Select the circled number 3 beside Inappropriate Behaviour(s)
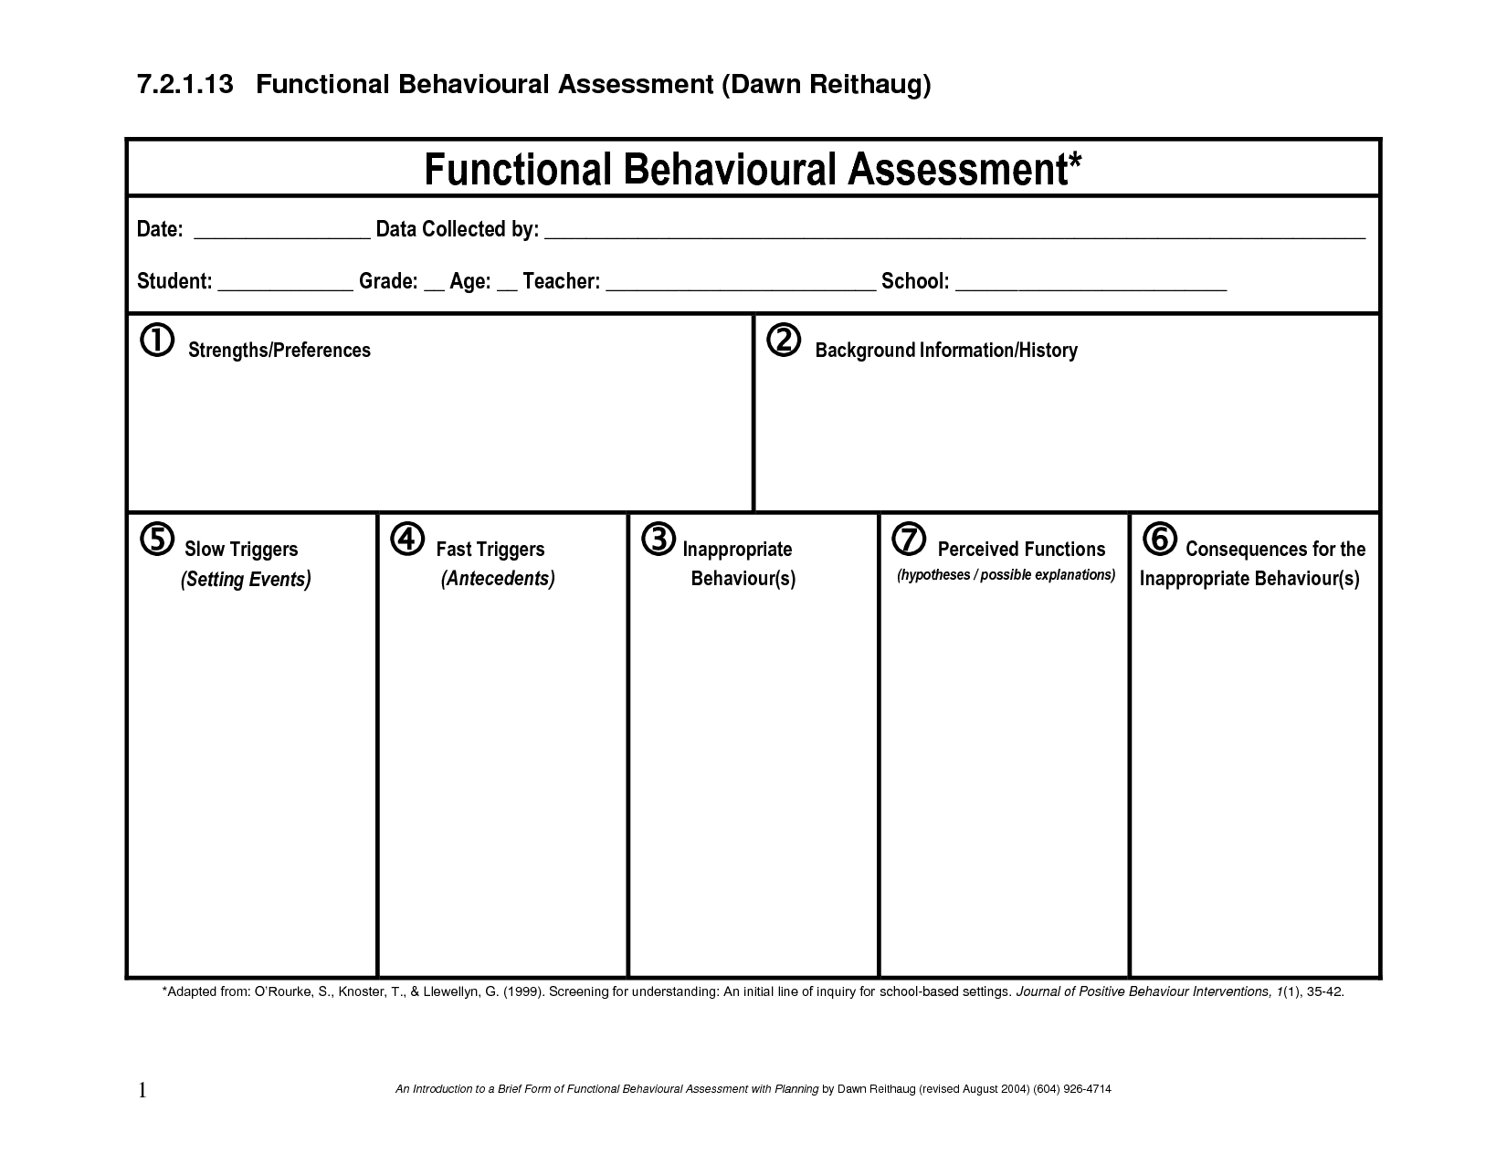658,540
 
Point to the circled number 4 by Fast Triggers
407,540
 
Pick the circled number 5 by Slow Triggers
157,540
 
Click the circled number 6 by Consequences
1159,540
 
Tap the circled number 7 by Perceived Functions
909,540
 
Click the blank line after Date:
282,235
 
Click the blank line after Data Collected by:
954,235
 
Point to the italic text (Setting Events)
246,579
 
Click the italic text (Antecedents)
498,579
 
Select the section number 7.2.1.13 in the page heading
185,85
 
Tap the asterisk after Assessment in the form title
1075,162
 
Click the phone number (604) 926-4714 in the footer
1072,1089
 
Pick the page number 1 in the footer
142,1090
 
